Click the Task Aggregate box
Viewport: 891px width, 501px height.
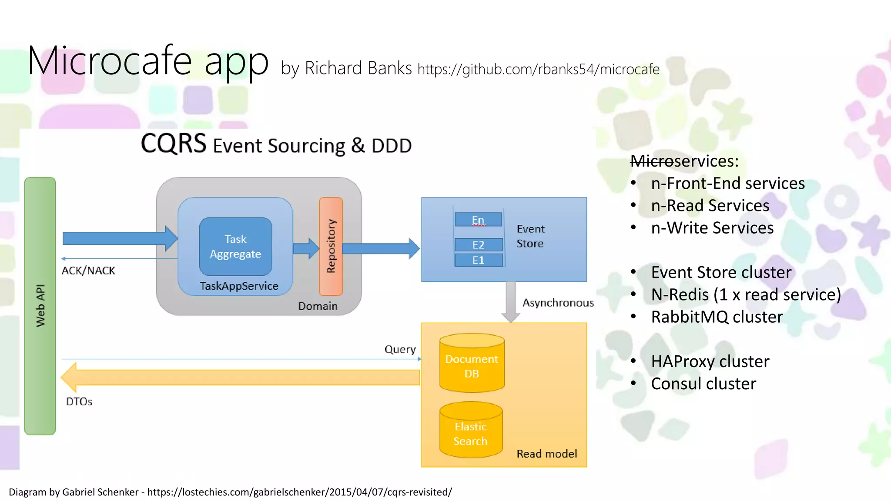pos(235,247)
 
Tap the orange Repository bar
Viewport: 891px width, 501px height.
pos(331,246)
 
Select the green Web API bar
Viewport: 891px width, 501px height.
pos(40,306)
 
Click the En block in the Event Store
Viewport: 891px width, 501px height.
pos(478,220)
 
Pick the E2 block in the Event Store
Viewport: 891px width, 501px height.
pos(478,245)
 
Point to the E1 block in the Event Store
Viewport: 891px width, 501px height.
pos(478,260)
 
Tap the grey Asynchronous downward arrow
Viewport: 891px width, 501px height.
pos(511,302)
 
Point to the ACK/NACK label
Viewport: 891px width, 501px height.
pos(88,271)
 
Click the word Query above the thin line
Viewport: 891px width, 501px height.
pos(400,349)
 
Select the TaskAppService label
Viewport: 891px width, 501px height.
pos(239,286)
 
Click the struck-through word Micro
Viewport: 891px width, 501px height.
pos(651,161)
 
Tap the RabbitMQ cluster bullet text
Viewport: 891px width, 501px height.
pos(717,317)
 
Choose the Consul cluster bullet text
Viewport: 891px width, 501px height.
pos(703,384)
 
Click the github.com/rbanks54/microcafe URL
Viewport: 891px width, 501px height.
pos(538,69)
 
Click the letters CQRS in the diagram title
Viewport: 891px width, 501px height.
pos(173,144)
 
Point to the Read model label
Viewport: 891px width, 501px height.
pos(546,454)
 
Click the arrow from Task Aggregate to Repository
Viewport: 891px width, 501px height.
pos(306,248)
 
